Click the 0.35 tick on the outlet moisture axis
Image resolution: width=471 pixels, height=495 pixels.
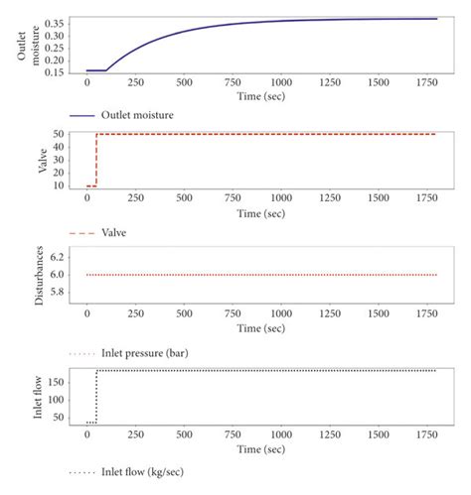click(x=59, y=21)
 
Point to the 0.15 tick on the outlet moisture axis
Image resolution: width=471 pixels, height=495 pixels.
click(x=59, y=71)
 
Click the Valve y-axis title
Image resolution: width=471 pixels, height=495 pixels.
click(x=27, y=160)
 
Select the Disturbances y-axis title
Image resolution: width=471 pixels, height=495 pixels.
click(x=27, y=275)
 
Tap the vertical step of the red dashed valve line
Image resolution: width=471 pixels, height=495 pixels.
click(x=95, y=159)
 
